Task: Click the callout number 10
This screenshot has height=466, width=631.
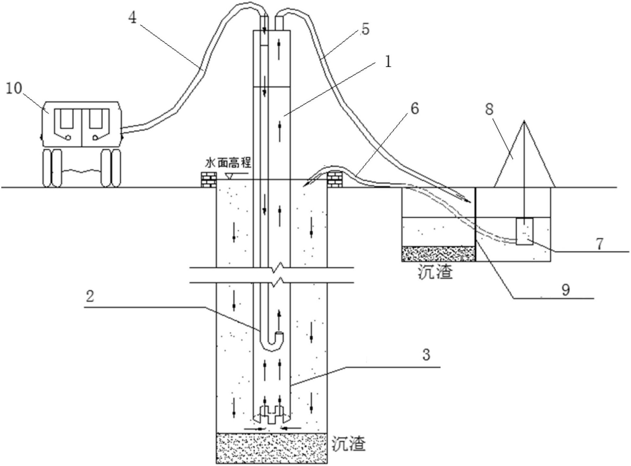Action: click(x=14, y=88)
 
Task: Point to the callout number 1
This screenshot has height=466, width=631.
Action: click(x=388, y=61)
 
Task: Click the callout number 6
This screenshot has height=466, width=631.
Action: click(x=415, y=108)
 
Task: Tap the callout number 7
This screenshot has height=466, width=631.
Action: click(x=600, y=244)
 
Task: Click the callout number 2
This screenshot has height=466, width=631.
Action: click(x=90, y=296)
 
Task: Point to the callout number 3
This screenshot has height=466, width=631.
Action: click(x=426, y=355)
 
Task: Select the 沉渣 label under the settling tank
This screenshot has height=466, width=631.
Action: click(x=435, y=272)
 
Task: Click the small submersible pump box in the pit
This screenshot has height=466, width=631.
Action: click(x=524, y=231)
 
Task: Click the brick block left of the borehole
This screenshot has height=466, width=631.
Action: click(x=209, y=180)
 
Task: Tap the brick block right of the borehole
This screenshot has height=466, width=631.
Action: click(x=335, y=179)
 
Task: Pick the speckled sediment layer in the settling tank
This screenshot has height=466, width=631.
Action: click(x=438, y=254)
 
